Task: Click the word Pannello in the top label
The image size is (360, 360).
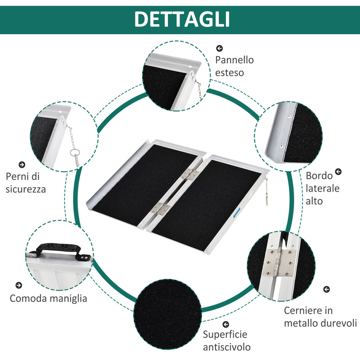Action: (x=234, y=60)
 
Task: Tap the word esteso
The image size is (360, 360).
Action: (x=229, y=72)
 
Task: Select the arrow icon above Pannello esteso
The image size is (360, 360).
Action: (x=220, y=48)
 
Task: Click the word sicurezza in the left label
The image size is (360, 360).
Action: (x=26, y=189)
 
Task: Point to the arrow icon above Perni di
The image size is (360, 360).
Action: (x=22, y=165)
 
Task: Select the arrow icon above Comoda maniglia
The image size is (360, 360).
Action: (x=18, y=285)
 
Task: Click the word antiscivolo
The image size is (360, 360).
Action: (x=227, y=347)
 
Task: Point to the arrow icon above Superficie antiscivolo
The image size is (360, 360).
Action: (x=225, y=324)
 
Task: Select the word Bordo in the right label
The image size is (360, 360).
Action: (x=319, y=176)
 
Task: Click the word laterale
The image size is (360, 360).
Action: (x=323, y=189)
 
